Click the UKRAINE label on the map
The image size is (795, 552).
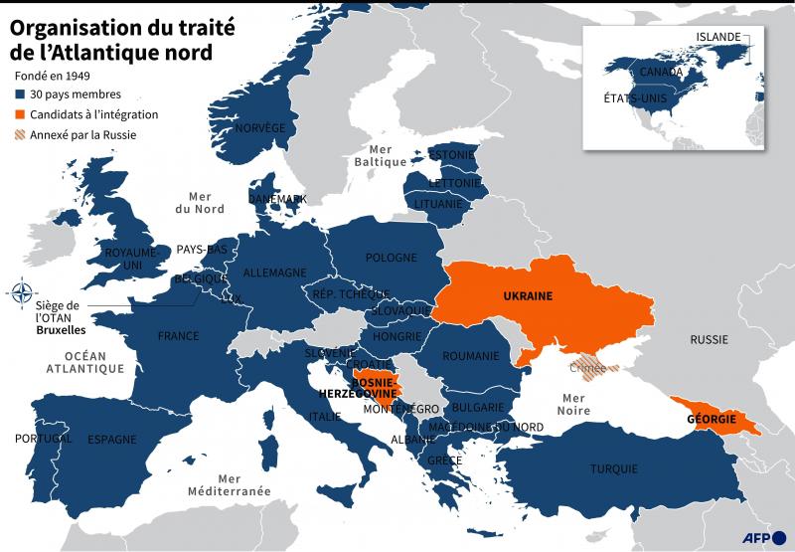[x=527, y=296]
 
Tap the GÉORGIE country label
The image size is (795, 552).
[x=711, y=420]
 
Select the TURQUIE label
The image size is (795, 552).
[x=613, y=468]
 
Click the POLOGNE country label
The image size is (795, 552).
[x=391, y=258]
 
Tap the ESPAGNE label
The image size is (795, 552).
[x=111, y=439]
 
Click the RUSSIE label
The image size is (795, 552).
[x=709, y=339]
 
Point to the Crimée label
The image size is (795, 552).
[x=588, y=368]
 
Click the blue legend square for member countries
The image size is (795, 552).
[x=20, y=94]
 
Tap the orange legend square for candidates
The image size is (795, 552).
[x=20, y=114]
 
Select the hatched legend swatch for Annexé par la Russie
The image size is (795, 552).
[x=20, y=134]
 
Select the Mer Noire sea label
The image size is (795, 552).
[x=575, y=404]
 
